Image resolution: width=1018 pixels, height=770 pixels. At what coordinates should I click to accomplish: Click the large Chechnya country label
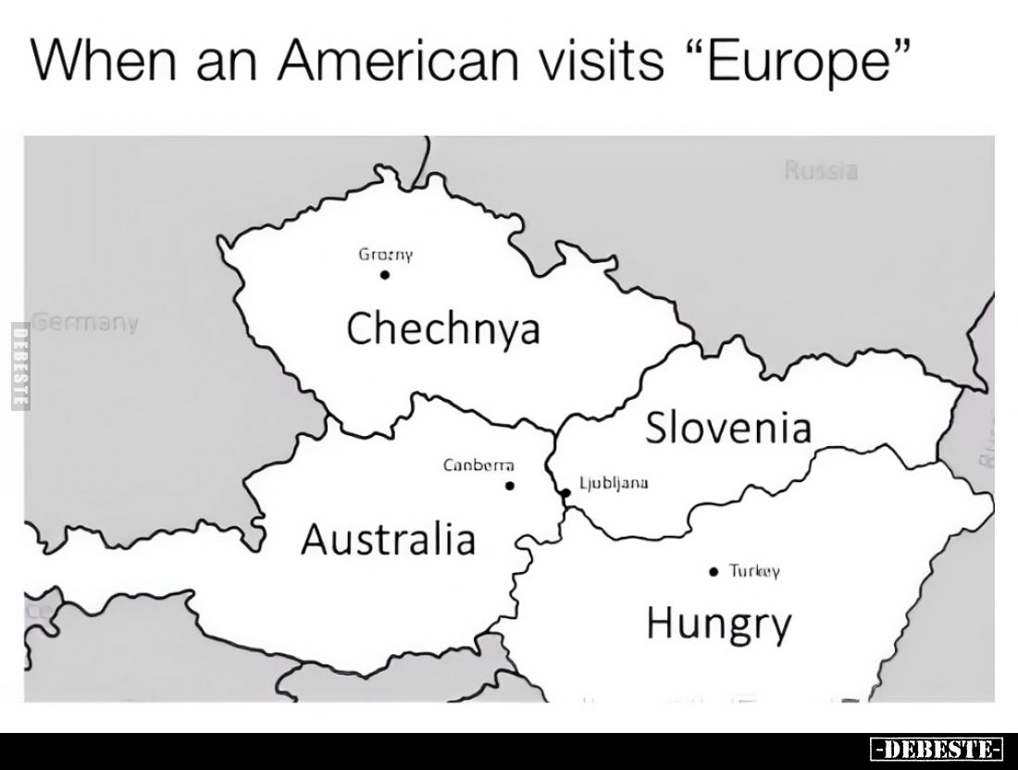[x=442, y=329]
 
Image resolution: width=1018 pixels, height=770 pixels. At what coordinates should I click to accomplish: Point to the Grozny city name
[x=385, y=254]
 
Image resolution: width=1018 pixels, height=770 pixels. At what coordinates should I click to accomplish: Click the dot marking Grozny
[x=385, y=274]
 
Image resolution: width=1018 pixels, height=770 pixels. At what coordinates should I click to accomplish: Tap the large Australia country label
[x=388, y=539]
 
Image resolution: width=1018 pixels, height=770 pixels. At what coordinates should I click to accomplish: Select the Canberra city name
[x=478, y=466]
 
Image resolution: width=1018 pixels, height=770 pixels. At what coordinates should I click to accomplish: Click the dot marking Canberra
[x=509, y=485]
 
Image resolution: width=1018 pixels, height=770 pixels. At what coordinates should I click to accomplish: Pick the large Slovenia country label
[x=728, y=428]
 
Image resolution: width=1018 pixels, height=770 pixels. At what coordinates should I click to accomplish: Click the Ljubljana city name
[x=615, y=482]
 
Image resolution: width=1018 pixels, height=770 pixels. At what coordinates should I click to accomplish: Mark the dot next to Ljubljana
[x=565, y=491]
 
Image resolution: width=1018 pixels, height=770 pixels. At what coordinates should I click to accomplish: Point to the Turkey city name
[x=755, y=572]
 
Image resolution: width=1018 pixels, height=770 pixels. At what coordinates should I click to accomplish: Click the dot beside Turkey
[x=712, y=572]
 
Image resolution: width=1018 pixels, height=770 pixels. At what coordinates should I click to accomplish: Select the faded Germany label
[x=85, y=324]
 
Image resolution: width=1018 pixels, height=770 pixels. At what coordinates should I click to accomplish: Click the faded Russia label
[x=821, y=171]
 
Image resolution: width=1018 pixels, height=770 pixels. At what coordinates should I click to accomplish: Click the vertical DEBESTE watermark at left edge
[x=17, y=366]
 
